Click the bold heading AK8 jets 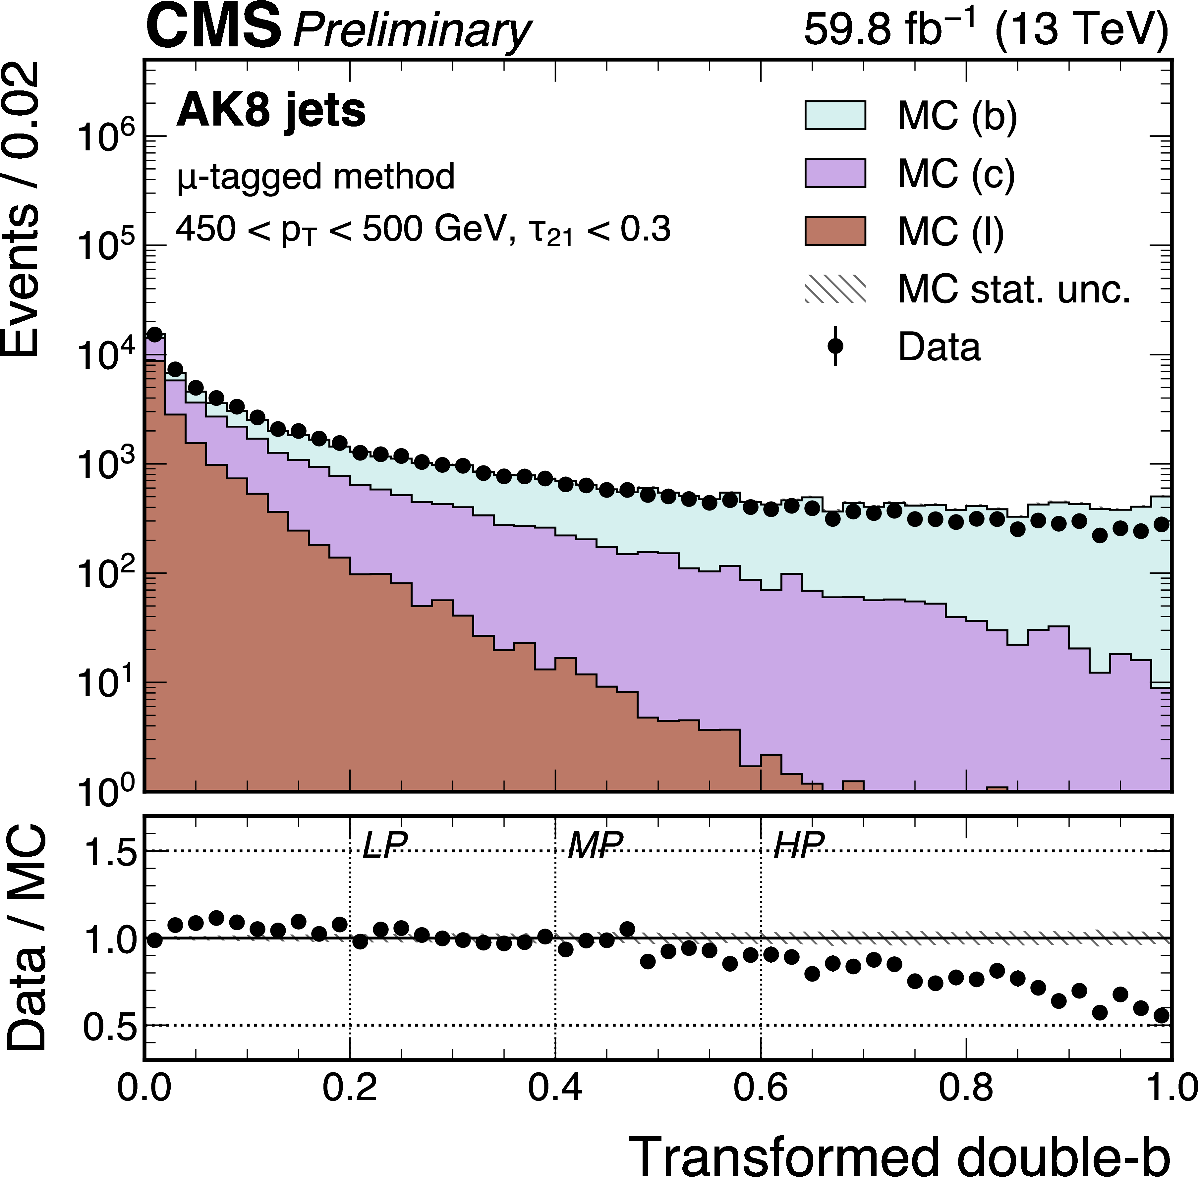pyautogui.click(x=271, y=111)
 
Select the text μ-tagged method pyautogui.click(x=315, y=177)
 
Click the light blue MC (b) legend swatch pyautogui.click(x=834, y=115)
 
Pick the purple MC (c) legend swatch pyautogui.click(x=834, y=173)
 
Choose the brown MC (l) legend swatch pyautogui.click(x=834, y=231)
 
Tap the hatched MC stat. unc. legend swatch pyautogui.click(x=834, y=289)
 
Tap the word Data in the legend pyautogui.click(x=939, y=347)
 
